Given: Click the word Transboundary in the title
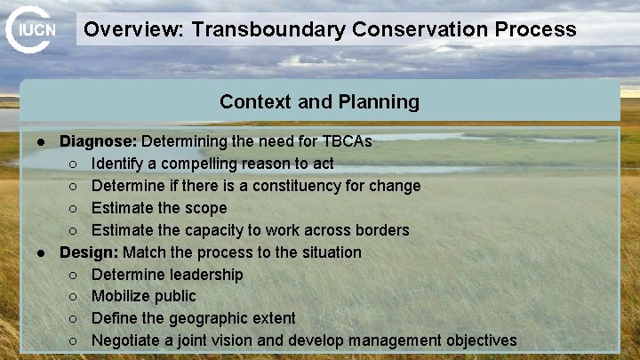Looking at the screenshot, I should click(x=269, y=29).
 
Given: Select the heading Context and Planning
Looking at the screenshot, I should click(x=319, y=101).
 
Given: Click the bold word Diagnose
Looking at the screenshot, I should click(x=98, y=141).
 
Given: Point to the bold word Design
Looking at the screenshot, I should click(x=88, y=252).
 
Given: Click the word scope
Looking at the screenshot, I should click(x=207, y=208).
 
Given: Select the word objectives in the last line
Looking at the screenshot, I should click(x=476, y=340).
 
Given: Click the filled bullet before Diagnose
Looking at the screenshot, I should click(x=41, y=142).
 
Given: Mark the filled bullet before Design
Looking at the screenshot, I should click(x=41, y=252).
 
